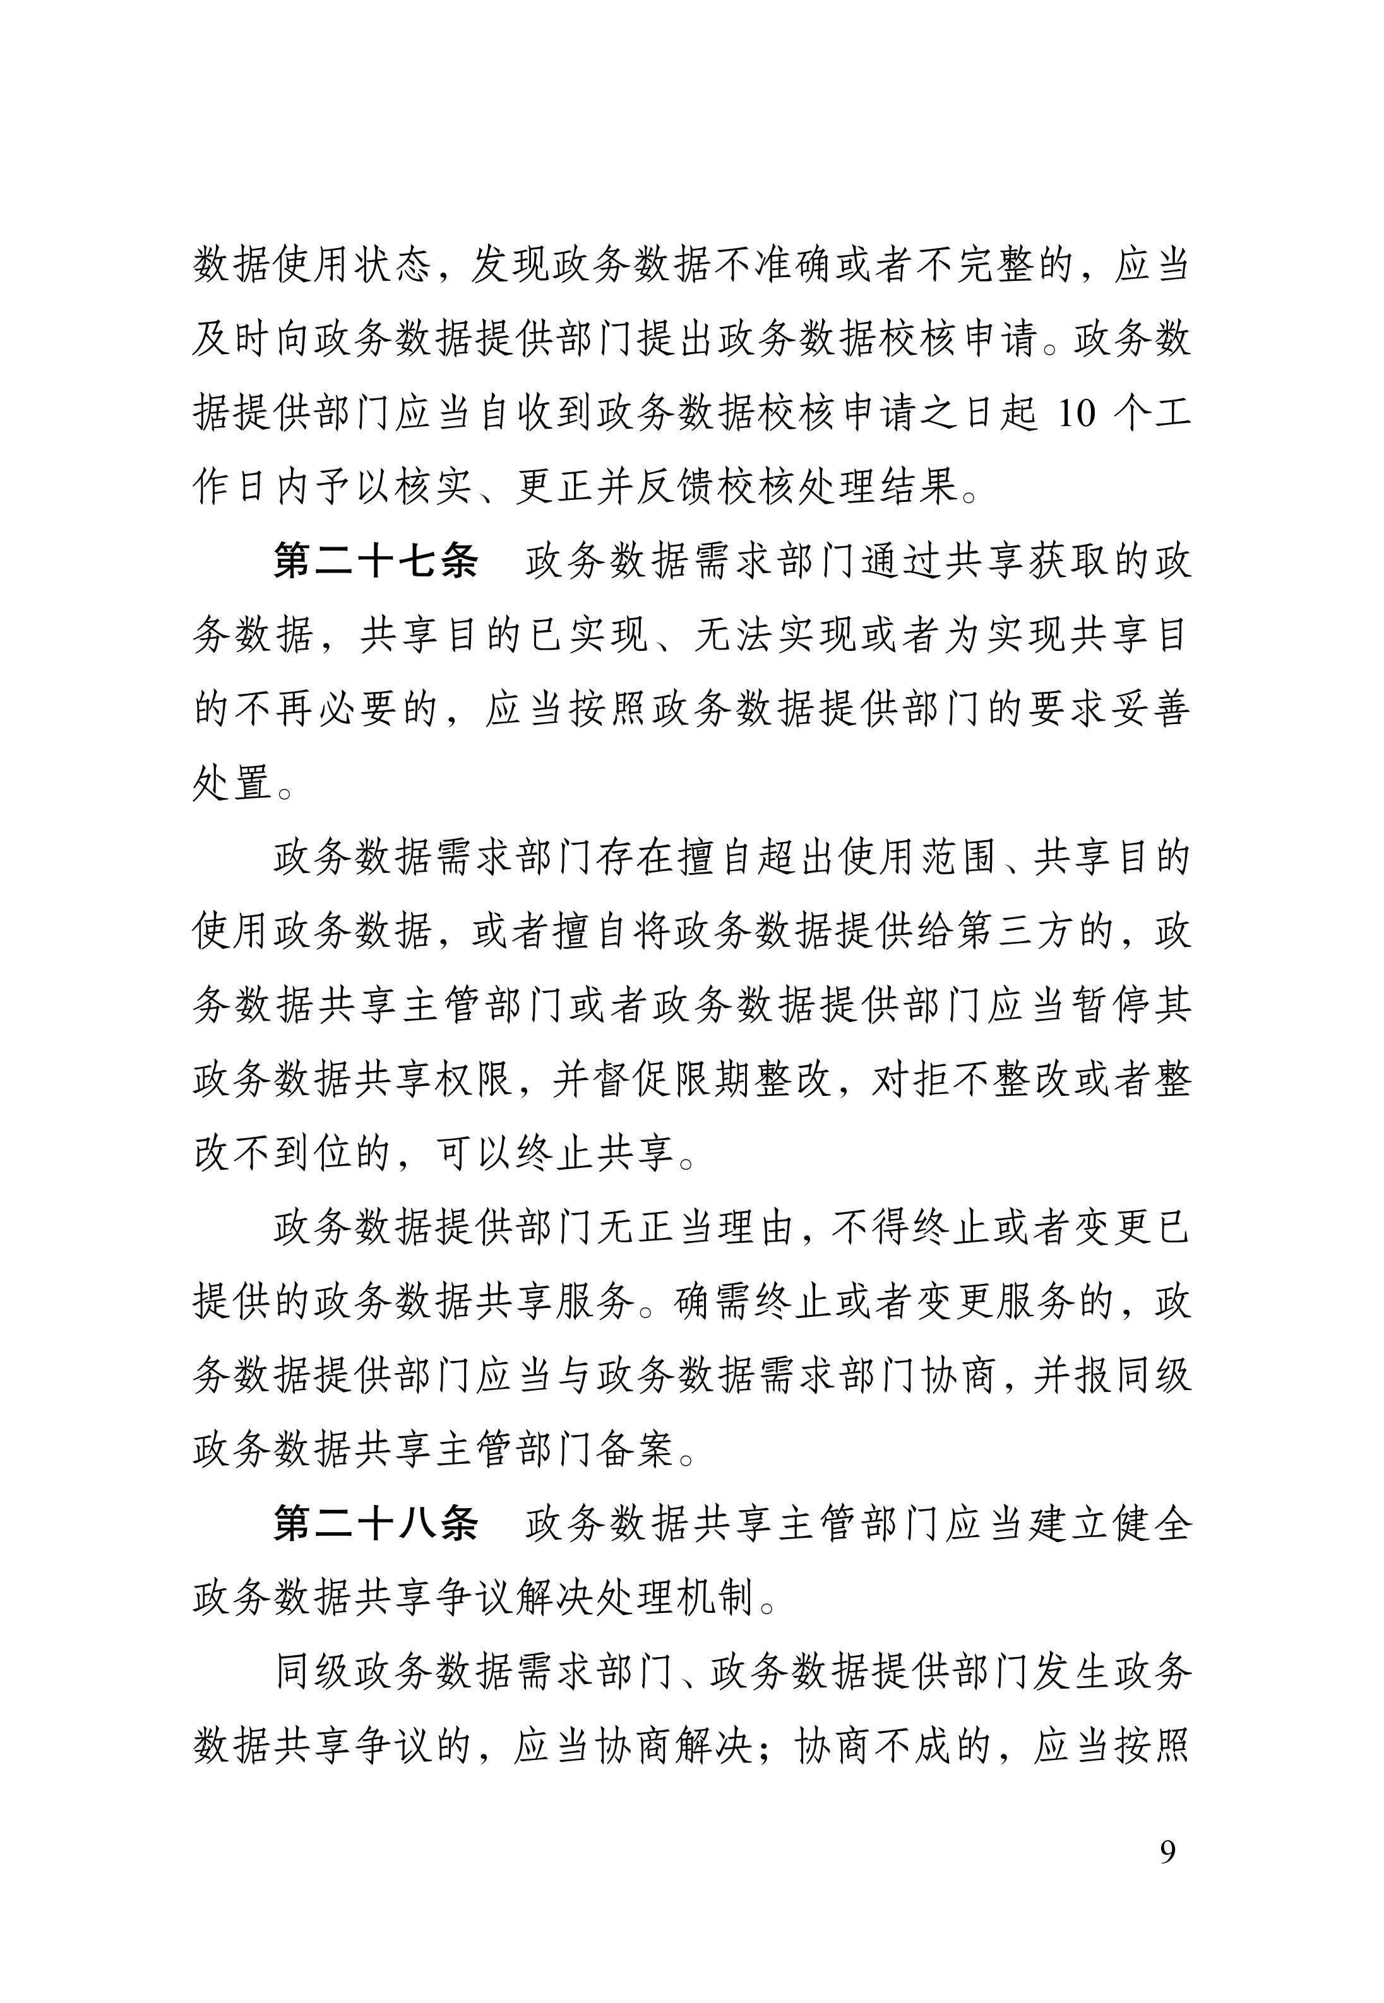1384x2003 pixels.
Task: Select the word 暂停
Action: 1108,1006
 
